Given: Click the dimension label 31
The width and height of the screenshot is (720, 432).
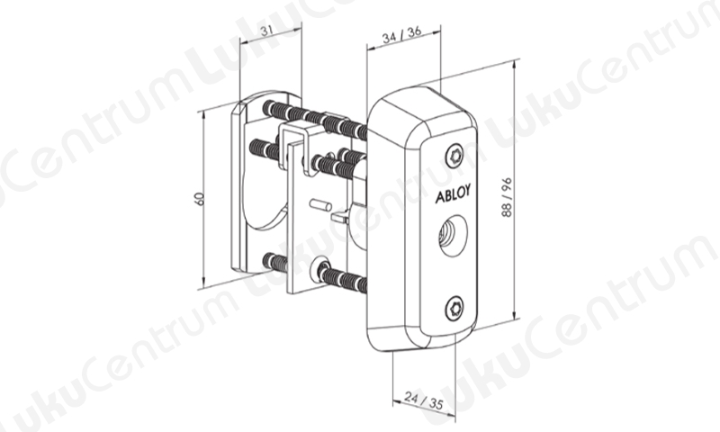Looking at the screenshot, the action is (x=266, y=31).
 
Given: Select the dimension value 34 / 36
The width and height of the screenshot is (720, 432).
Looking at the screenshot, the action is (x=401, y=35).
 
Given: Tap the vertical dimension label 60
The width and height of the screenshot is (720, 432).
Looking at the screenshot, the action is (x=199, y=199).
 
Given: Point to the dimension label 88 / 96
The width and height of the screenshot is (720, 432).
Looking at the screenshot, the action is (x=507, y=197).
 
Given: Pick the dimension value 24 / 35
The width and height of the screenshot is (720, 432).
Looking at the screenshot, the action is (x=424, y=400).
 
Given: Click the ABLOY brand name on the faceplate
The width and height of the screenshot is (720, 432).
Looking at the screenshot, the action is (x=453, y=194).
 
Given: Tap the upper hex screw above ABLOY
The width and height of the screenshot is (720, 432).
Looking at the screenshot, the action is (x=455, y=157).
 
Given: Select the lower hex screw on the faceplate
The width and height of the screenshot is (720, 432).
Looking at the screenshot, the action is (x=454, y=307).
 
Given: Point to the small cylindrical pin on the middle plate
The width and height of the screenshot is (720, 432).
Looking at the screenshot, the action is (x=319, y=204).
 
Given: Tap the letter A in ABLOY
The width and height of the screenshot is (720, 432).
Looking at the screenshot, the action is (x=439, y=197).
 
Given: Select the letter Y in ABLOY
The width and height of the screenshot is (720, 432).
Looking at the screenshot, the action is (x=467, y=191).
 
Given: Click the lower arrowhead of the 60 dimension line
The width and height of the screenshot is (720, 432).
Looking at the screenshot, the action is (x=203, y=282).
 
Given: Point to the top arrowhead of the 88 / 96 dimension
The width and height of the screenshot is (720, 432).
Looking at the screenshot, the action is (x=514, y=64).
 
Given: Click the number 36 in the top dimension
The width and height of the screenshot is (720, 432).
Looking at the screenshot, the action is (x=414, y=31).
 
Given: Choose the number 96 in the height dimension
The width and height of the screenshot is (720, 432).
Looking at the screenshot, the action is (x=507, y=184).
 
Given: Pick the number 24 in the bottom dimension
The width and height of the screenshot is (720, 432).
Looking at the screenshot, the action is (x=411, y=397).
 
